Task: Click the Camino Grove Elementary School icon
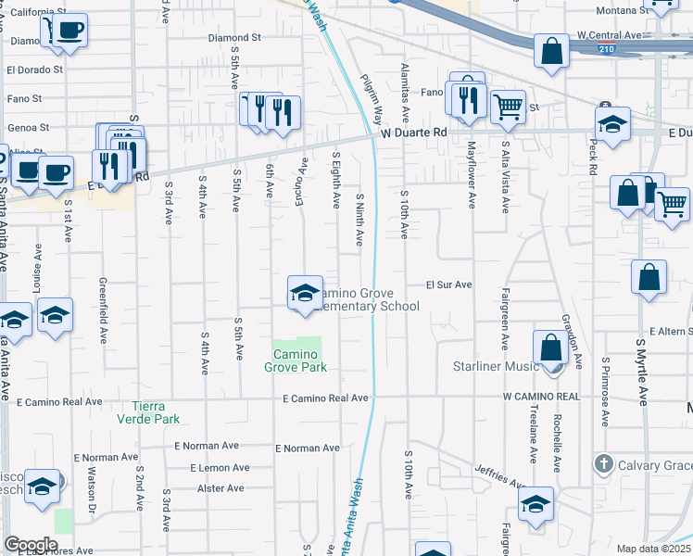[x=304, y=293]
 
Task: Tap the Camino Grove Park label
[x=296, y=360]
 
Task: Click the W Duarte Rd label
[x=414, y=133]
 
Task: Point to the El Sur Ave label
[x=449, y=284]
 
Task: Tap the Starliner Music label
[x=496, y=366]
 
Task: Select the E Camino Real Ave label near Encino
[x=326, y=398]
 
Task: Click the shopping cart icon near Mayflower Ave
[x=508, y=107]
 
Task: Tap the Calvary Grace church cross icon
[x=603, y=463]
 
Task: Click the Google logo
[x=31, y=545]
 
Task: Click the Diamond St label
[x=234, y=39]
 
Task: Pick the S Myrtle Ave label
[x=641, y=371]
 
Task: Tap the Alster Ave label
[x=220, y=488]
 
